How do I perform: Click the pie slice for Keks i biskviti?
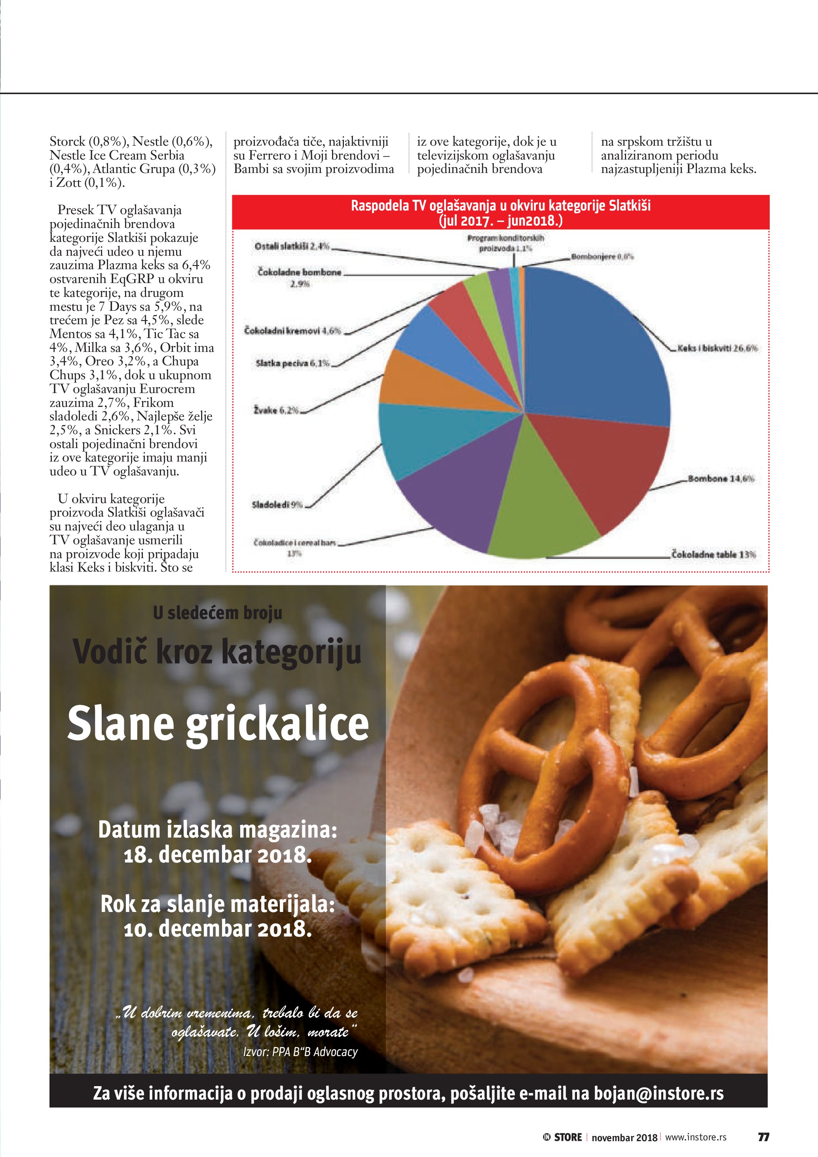(x=594, y=353)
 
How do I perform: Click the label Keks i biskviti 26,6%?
(x=717, y=348)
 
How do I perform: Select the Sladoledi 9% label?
(x=277, y=504)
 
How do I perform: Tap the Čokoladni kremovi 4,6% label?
(x=292, y=331)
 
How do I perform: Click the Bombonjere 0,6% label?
(x=602, y=256)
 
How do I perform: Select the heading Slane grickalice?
(x=218, y=724)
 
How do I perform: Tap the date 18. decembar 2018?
(x=218, y=855)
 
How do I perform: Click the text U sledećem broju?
(x=218, y=613)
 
